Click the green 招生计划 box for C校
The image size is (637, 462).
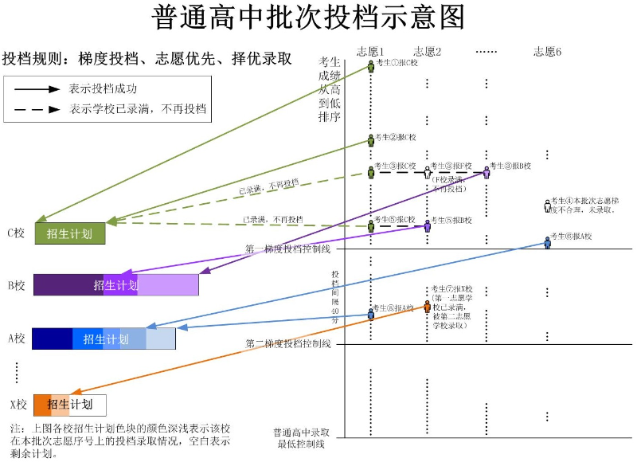tap(70, 233)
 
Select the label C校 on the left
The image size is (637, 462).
tap(17, 233)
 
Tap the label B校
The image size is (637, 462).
tap(17, 285)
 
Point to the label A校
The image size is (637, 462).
tap(17, 339)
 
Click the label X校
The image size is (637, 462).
tap(17, 405)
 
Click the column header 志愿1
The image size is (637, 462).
tap(370, 51)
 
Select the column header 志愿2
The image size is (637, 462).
tap(427, 51)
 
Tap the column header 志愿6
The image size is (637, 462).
tap(547, 51)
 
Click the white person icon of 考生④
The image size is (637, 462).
tap(547, 206)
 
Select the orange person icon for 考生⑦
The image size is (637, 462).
tap(427, 307)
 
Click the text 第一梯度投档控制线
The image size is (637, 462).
tap(287, 249)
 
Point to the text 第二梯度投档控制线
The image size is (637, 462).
tap(287, 344)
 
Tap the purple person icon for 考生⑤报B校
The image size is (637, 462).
tap(428, 225)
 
